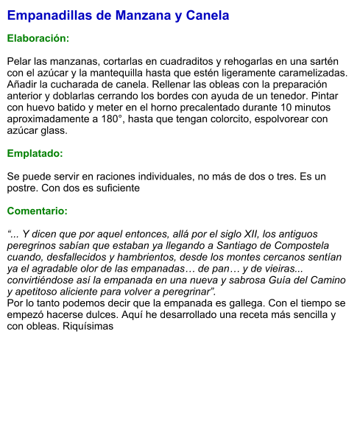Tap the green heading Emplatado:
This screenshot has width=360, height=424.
(x=35, y=154)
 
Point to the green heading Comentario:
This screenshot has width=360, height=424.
(x=37, y=211)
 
